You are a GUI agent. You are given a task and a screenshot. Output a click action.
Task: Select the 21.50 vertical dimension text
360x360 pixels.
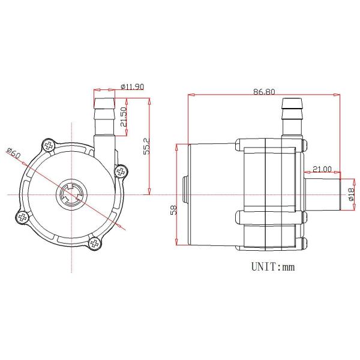click(x=123, y=118)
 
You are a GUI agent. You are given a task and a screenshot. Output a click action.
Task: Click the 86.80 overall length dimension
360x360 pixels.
click(x=265, y=92)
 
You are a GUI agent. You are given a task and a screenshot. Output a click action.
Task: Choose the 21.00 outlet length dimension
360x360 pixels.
click(x=322, y=169)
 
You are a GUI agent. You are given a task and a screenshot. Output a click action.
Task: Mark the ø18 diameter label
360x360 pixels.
click(x=349, y=194)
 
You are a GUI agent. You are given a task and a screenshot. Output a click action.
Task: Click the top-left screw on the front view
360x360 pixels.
click(x=48, y=145)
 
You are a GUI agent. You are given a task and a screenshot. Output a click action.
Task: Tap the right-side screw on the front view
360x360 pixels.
click(x=122, y=172)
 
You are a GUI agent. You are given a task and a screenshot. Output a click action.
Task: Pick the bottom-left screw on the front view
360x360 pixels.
click(x=22, y=217)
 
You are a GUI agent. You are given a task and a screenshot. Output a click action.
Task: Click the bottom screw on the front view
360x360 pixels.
click(x=95, y=242)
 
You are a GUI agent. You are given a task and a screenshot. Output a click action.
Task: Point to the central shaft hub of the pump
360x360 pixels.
click(x=72, y=194)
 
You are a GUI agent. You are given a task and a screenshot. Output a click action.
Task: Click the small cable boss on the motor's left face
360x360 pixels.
click(x=184, y=194)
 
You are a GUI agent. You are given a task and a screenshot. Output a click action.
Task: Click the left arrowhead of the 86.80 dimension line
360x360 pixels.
click(x=191, y=94)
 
